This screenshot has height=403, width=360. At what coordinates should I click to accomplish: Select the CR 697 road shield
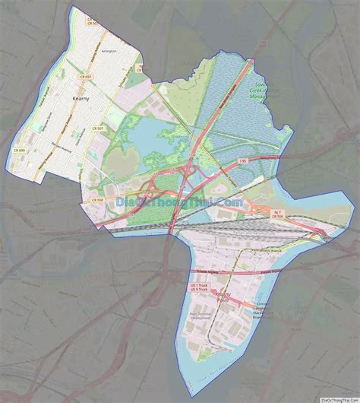coord(85,77)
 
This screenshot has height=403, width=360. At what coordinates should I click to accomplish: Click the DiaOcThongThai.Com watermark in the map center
coord(180,202)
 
